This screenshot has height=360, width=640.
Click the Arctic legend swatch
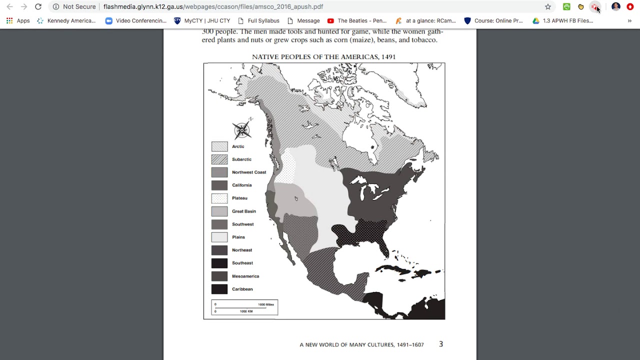tap(219, 146)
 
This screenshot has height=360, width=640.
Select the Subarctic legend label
tap(241, 159)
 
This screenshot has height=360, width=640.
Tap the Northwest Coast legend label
tap(248, 172)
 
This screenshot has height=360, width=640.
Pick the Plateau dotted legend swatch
tap(219, 198)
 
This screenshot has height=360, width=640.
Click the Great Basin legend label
tap(243, 211)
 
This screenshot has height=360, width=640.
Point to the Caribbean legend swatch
tap(219, 289)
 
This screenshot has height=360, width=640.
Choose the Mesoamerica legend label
tap(245, 276)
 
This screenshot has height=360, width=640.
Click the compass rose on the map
tap(242, 130)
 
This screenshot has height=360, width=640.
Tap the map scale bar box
tap(244, 307)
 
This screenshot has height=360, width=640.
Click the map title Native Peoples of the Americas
tap(323, 57)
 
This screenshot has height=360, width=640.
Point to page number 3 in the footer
tap(440, 344)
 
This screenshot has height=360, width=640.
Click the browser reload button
tap(38, 6)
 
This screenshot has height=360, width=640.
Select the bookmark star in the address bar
tap(548, 6)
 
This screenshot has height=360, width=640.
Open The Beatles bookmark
tap(357, 21)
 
